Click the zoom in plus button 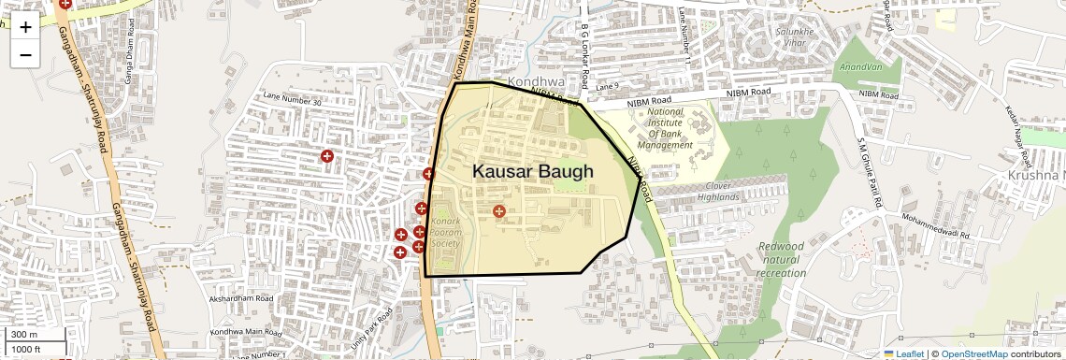(25, 27)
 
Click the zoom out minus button (25, 54)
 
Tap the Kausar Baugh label (532, 172)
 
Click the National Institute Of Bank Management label (665, 128)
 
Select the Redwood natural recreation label (781, 259)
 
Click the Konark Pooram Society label (445, 232)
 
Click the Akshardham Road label (240, 299)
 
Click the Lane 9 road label (607, 87)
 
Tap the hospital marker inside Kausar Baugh (499, 212)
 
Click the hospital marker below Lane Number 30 (327, 156)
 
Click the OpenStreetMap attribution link (973, 353)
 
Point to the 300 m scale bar (35, 335)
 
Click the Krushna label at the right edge (1036, 176)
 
